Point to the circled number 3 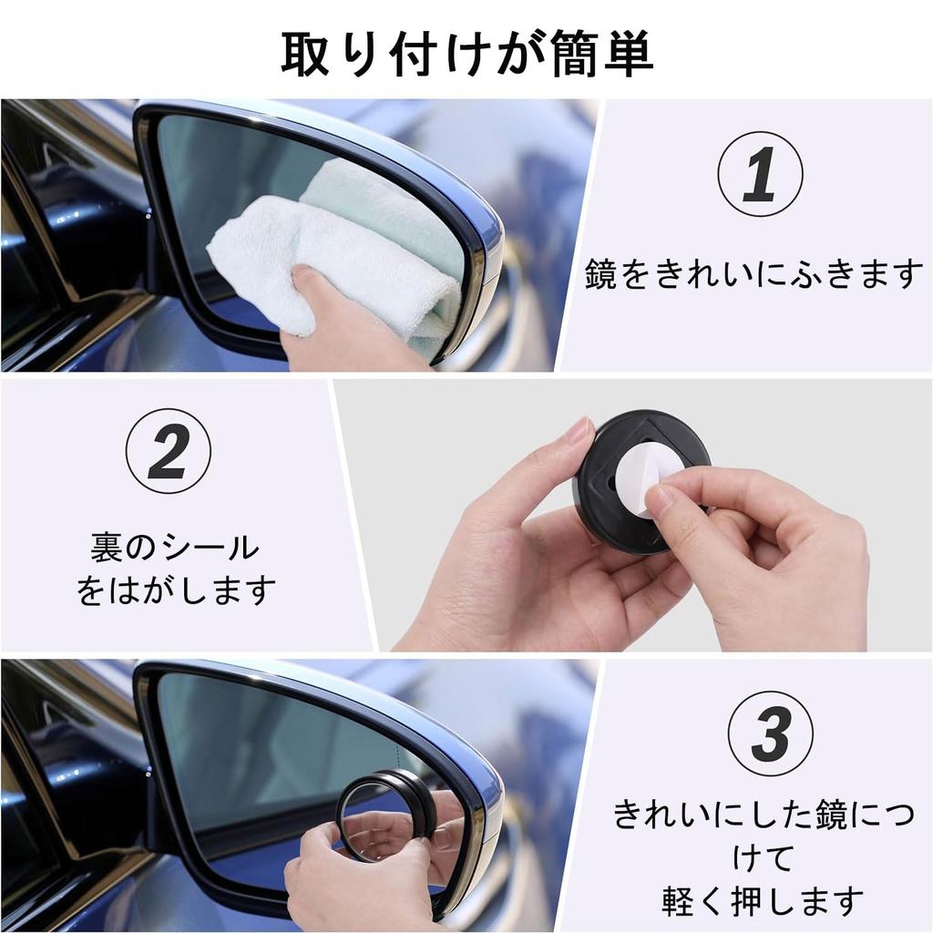tap(771, 733)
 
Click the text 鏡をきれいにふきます tap(754, 273)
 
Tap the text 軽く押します tap(763, 901)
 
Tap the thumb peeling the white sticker tap(670, 499)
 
